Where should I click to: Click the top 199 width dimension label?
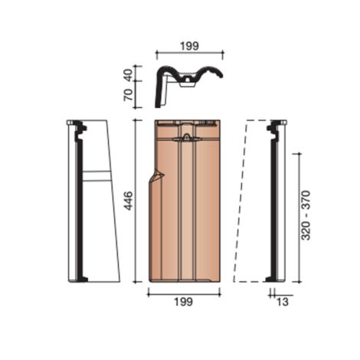pos(188,46)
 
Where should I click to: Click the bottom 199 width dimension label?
pos(182,302)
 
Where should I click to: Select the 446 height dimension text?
pos(129,201)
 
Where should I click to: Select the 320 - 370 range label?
pos(306,216)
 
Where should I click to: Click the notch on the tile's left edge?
pos(158,179)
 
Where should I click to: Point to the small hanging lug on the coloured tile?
pos(186,139)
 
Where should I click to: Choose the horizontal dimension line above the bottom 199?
pos(182,292)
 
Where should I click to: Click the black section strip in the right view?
pos(272,201)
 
